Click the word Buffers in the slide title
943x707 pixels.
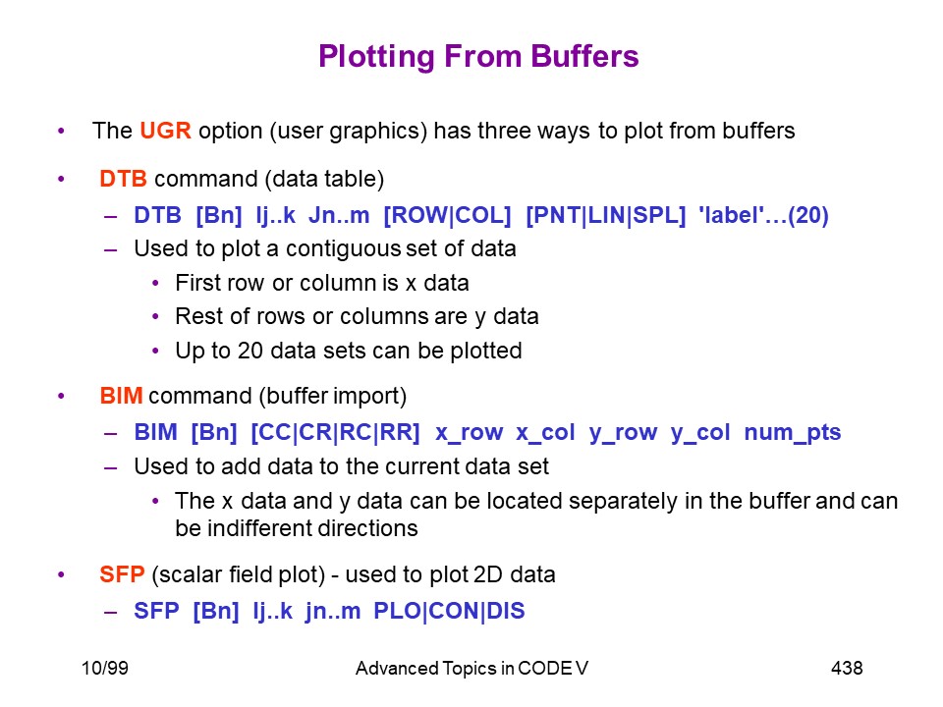click(x=584, y=57)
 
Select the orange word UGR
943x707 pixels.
click(x=165, y=131)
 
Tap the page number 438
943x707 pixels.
click(x=847, y=668)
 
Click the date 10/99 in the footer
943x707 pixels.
click(x=105, y=668)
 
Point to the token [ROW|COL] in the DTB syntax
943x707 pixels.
click(x=448, y=215)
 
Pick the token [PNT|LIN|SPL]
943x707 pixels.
click(x=606, y=215)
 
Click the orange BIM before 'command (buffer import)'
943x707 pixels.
click(x=121, y=396)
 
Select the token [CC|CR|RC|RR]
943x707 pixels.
click(x=335, y=432)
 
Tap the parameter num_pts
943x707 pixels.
click(x=793, y=433)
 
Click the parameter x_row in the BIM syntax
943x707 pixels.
click(x=470, y=433)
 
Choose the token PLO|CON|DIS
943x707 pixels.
click(x=449, y=611)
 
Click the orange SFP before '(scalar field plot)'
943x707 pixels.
click(x=122, y=574)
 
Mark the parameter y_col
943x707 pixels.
click(x=700, y=433)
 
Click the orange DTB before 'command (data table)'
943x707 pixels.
click(x=124, y=179)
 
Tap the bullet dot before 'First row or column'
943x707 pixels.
click(x=156, y=283)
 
